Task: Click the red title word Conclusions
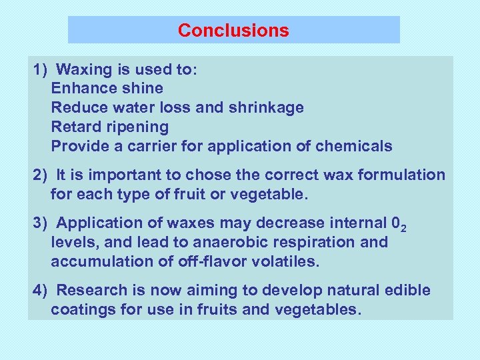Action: [x=233, y=31]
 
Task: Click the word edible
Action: [x=407, y=291]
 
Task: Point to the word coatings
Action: [x=82, y=310]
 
